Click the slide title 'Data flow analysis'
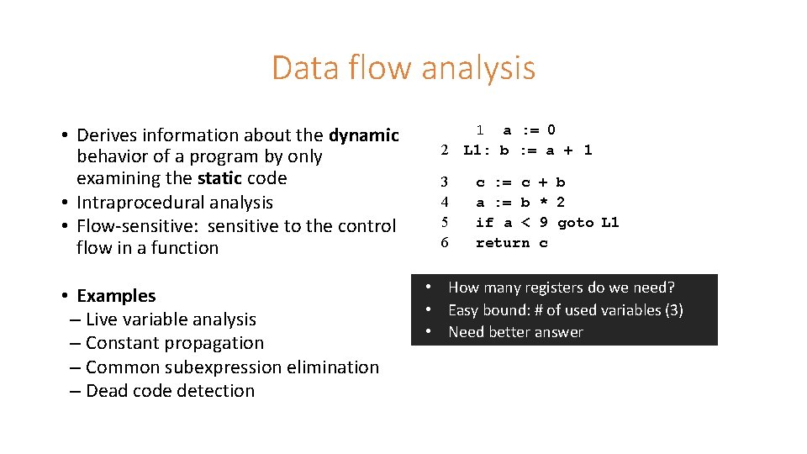point(403,68)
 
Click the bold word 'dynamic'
point(363,135)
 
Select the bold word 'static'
point(219,178)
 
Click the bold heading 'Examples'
point(116,296)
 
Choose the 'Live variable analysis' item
point(171,319)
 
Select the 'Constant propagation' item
point(175,343)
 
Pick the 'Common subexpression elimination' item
point(232,367)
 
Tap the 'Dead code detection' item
point(170,391)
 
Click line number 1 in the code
point(479,130)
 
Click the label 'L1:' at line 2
point(476,150)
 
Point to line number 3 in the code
point(445,182)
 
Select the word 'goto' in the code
point(575,223)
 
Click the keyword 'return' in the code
point(503,243)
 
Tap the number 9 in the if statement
point(544,223)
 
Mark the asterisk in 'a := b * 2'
point(543,203)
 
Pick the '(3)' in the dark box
point(673,310)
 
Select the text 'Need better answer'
point(515,332)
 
